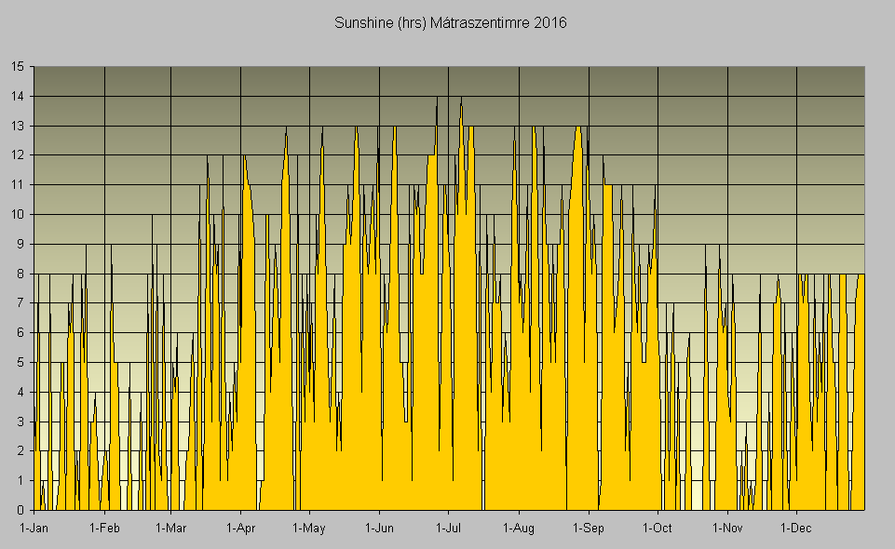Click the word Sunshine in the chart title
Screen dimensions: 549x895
coord(363,23)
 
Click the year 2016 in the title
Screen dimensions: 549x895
coord(549,23)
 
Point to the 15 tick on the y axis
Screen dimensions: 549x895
coord(18,67)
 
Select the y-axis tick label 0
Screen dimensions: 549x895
coord(20,510)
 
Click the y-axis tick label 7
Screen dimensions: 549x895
coord(20,303)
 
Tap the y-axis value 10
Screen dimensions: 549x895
coord(18,215)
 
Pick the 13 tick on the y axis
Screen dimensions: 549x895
coord(18,126)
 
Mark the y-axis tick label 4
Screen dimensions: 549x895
coord(20,392)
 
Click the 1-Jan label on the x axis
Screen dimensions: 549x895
coord(34,529)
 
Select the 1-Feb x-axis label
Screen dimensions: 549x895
coord(104,529)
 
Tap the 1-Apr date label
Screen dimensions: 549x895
coord(240,529)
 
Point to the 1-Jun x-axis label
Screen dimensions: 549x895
coord(379,529)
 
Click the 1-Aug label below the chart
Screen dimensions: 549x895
coord(518,529)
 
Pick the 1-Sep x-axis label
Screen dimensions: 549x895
coord(589,529)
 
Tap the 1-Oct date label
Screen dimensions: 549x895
coord(658,529)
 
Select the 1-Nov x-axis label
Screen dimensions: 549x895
coord(727,529)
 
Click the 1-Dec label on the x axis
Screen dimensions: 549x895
coord(796,529)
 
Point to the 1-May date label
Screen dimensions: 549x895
coord(308,529)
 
